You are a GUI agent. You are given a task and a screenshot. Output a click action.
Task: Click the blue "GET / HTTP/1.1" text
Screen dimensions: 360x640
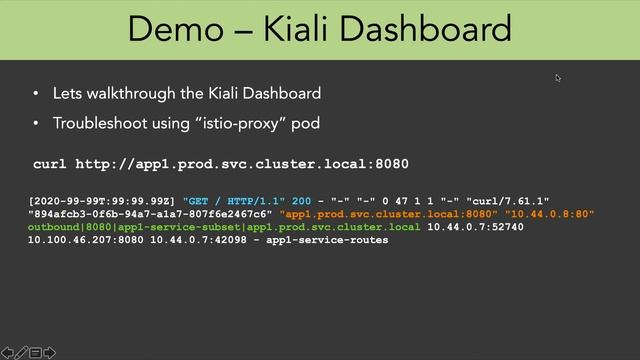[234, 201]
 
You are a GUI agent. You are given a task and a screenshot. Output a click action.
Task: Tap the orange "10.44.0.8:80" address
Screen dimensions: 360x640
[550, 214]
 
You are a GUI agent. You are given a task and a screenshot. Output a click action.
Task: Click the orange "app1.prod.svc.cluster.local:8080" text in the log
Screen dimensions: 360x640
[389, 214]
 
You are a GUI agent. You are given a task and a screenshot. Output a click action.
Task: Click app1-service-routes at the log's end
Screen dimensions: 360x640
[327, 240]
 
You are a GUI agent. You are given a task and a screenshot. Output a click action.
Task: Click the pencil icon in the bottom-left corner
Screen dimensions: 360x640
[20, 352]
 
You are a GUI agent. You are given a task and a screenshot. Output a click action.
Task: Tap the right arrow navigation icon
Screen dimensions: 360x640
[49, 352]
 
